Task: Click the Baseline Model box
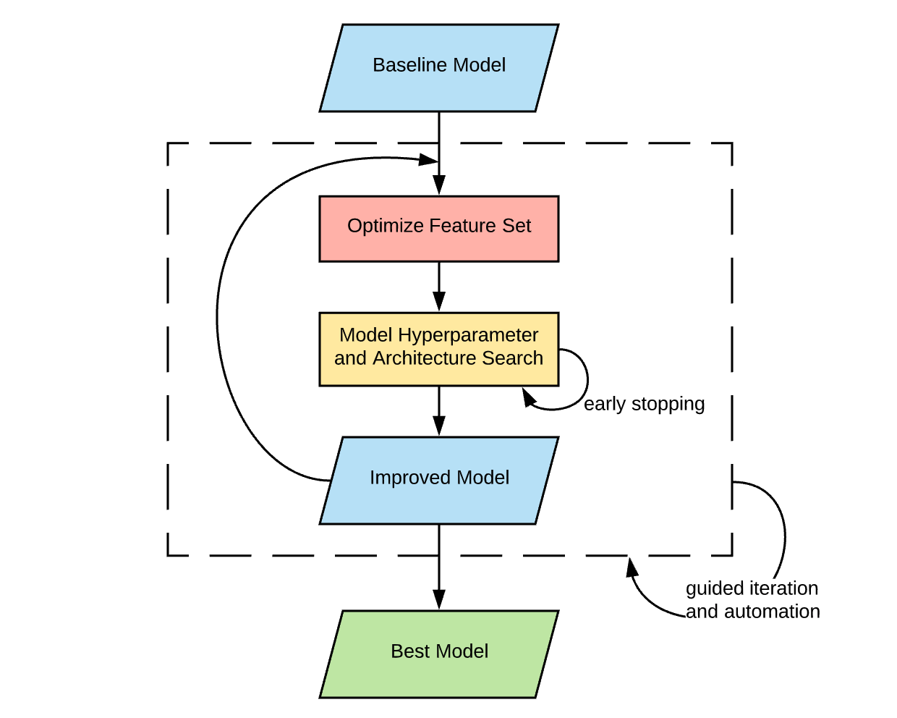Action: tap(438, 68)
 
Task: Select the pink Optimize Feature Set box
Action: tap(438, 229)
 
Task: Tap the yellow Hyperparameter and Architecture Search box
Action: tap(438, 349)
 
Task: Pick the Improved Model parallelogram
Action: tap(438, 480)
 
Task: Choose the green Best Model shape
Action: tap(438, 654)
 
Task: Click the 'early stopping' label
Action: tap(644, 404)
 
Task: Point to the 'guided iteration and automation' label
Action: tap(752, 600)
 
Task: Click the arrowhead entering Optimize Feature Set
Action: tap(438, 186)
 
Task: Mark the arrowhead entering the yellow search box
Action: tap(438, 302)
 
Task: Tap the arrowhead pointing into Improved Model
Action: tap(438, 426)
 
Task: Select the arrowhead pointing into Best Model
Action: tap(438, 600)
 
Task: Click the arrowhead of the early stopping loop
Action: tap(529, 397)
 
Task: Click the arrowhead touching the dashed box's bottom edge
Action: tap(632, 566)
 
